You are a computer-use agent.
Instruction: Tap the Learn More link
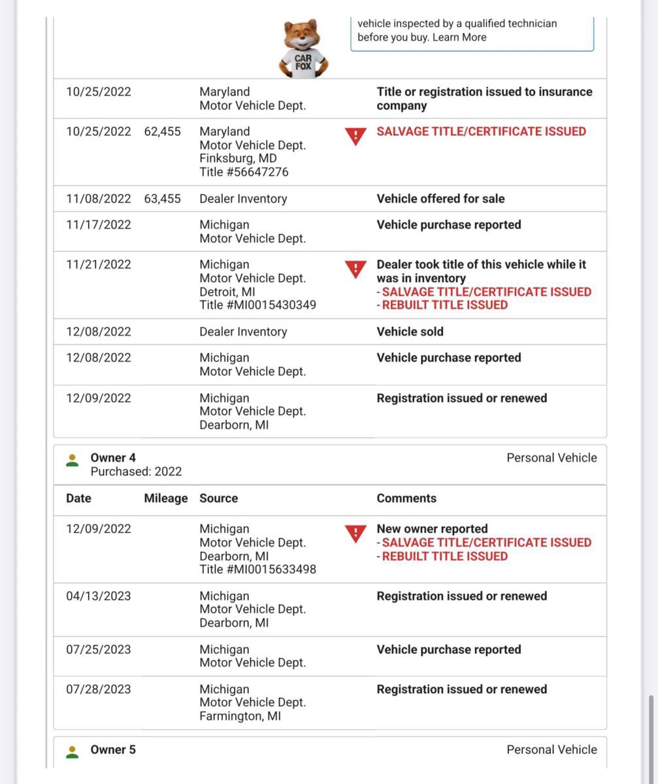459,37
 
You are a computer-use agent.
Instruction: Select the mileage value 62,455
162,131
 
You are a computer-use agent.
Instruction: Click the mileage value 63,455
162,199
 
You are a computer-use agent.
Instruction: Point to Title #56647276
244,172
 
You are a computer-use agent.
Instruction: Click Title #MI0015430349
257,305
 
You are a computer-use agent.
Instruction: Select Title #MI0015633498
257,570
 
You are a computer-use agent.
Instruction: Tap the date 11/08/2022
98,199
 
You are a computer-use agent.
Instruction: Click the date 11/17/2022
98,225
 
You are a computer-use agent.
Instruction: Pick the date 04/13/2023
98,596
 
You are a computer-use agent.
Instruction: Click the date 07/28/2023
98,689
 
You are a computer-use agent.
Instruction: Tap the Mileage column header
165,498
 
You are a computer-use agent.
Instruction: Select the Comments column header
406,498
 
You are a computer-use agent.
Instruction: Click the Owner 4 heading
113,458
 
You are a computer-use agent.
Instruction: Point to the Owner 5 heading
113,750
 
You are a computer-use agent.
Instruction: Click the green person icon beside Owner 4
73,461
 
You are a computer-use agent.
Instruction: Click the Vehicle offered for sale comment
440,199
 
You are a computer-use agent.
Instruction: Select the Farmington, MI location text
240,717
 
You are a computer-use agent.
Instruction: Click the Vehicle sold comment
410,332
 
